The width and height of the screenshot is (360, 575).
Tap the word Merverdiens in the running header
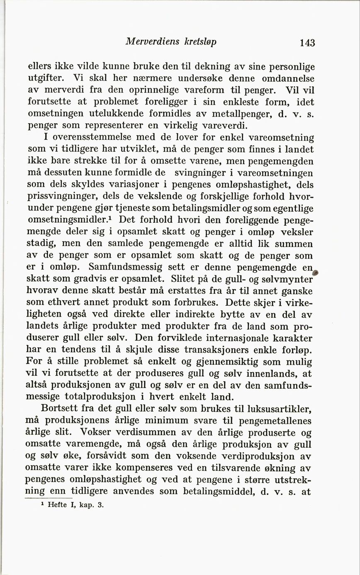tap(152, 42)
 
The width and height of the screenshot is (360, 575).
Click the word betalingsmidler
tap(200, 208)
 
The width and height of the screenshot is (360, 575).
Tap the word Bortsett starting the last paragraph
tap(59, 409)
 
